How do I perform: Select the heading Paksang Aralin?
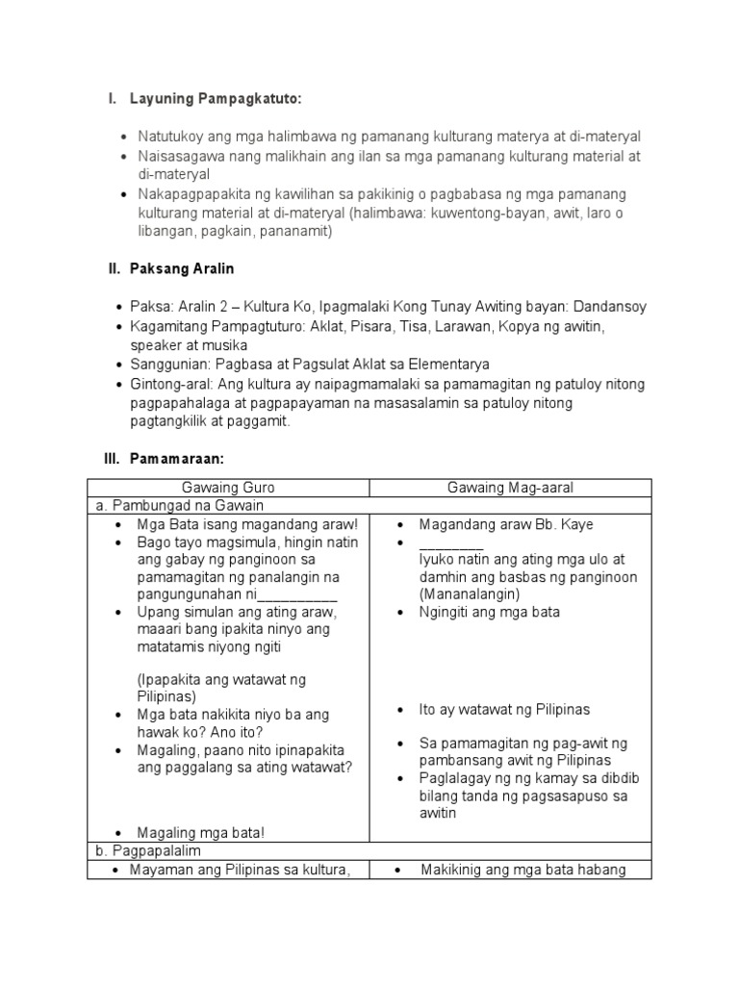pos(182,269)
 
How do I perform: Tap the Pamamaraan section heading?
pos(177,460)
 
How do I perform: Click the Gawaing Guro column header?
pos(227,488)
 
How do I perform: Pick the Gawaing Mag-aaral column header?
pos(510,488)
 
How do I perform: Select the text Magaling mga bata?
pos(200,832)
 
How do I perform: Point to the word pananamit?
pos(298,232)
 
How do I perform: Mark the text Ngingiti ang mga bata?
pos(489,612)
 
